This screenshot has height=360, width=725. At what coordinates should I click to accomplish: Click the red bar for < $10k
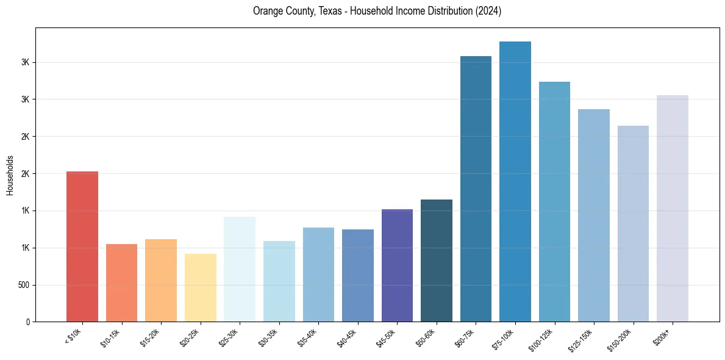(82, 247)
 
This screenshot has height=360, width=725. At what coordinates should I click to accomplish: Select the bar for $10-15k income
(121, 283)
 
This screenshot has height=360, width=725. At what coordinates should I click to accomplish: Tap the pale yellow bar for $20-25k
(200, 287)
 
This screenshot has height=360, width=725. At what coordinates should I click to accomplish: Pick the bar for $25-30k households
(240, 269)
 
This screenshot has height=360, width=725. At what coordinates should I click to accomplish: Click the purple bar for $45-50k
(397, 265)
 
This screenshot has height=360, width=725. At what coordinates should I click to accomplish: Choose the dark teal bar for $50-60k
(437, 261)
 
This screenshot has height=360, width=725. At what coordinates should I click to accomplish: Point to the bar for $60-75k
(476, 189)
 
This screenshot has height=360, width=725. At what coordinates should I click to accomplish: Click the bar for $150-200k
(633, 223)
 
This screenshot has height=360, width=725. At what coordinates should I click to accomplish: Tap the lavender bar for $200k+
(673, 208)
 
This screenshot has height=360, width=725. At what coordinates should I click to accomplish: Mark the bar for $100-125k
(554, 201)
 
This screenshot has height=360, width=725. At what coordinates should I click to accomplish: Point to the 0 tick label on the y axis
(27, 322)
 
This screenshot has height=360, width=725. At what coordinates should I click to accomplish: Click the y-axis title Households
(10, 175)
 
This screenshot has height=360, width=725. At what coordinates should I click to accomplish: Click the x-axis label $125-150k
(582, 339)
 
